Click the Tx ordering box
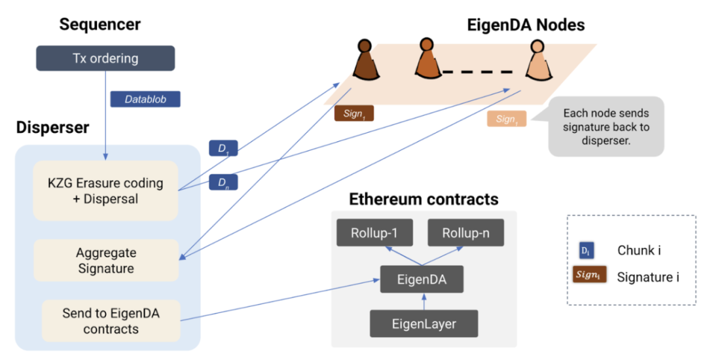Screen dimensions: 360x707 click(105, 58)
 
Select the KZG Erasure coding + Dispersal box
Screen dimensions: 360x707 click(105, 190)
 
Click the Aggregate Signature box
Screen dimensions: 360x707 click(105, 260)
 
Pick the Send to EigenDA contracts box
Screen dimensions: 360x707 click(111, 321)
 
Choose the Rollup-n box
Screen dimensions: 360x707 click(465, 233)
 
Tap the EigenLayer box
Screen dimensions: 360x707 click(424, 323)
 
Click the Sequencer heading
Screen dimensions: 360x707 click(100, 25)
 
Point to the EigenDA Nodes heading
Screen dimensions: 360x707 click(526, 25)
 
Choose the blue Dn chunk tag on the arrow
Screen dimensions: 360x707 click(223, 182)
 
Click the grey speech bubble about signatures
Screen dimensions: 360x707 click(606, 126)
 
